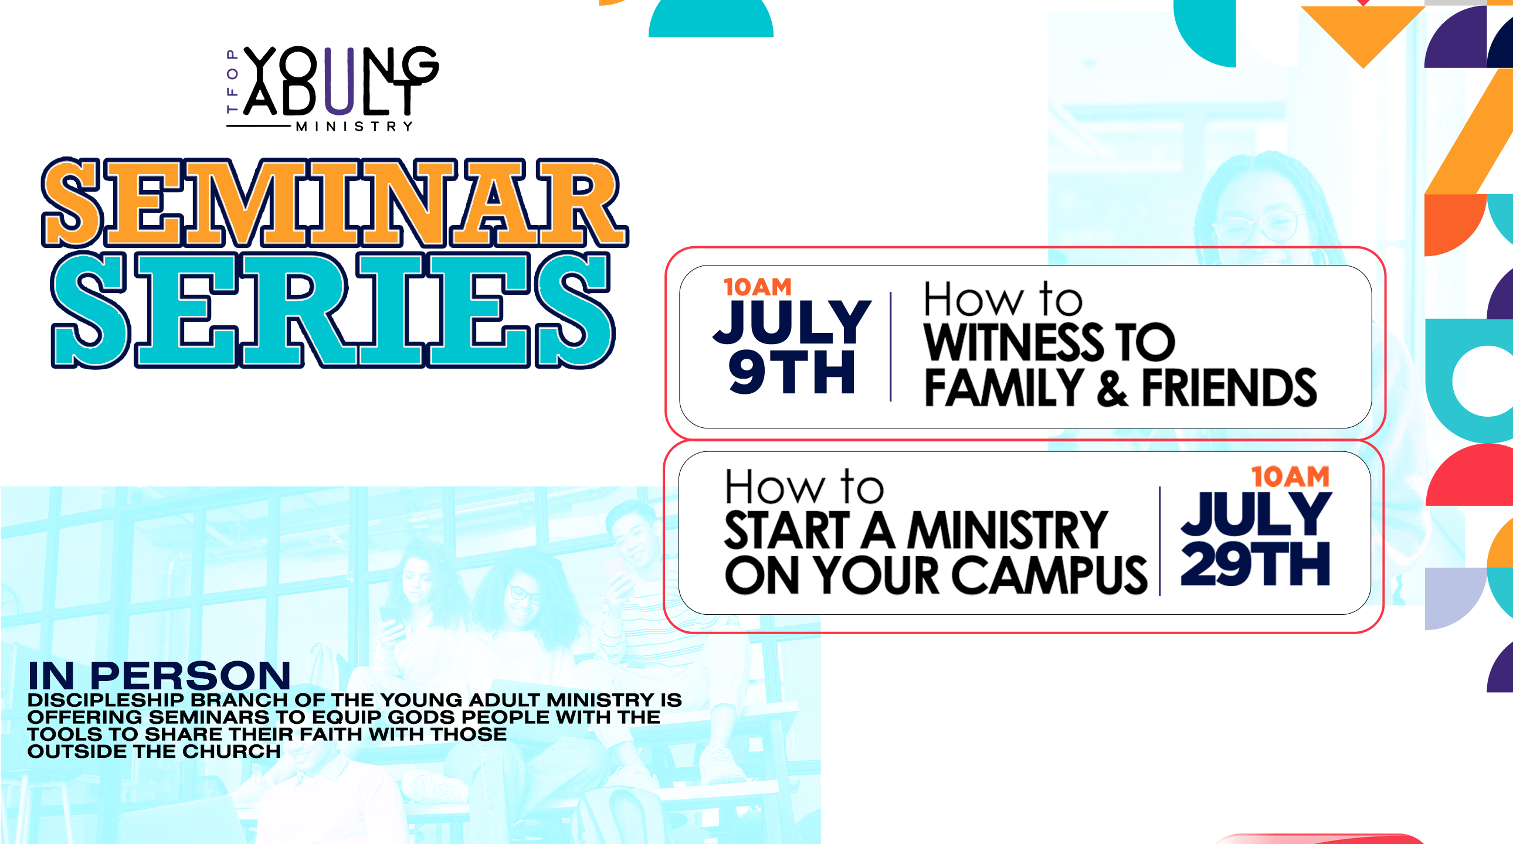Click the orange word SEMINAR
(335, 202)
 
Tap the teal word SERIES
(333, 310)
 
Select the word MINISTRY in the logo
(354, 126)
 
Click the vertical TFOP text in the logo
(232, 81)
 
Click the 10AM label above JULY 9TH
(757, 287)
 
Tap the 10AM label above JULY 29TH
(1290, 477)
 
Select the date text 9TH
(791, 372)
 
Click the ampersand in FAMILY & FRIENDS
(1112, 389)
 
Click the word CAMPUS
(1049, 575)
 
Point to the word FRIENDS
(1229, 387)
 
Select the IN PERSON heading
(159, 676)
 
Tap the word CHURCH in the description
(232, 751)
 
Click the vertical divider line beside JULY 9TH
(890, 346)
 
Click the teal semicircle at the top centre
(711, 19)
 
